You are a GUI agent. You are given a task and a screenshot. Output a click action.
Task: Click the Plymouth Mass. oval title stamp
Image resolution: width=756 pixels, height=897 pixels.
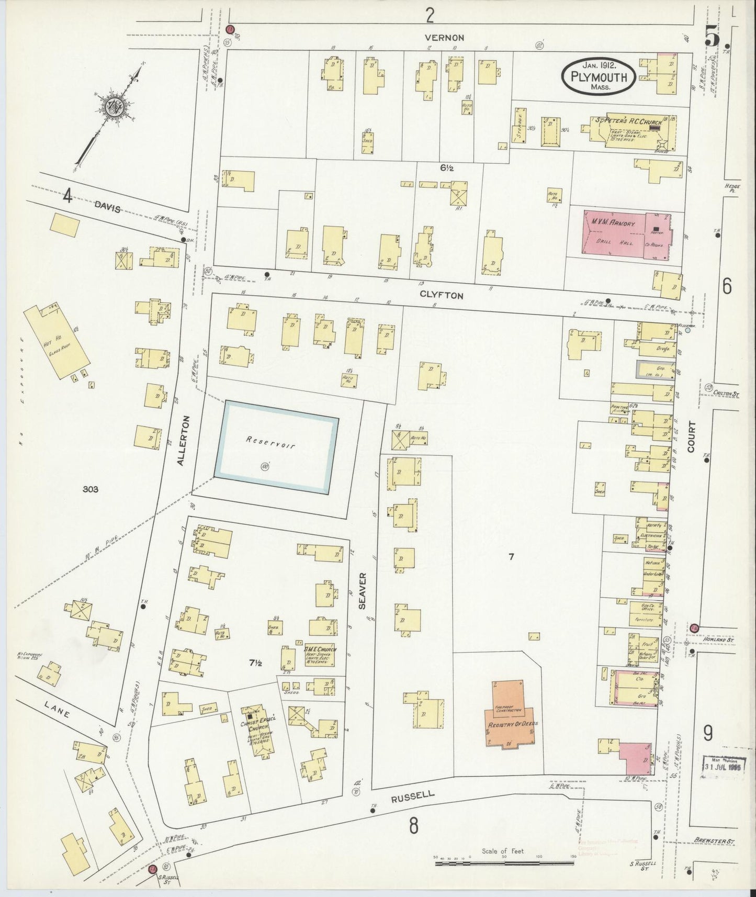[x=600, y=76]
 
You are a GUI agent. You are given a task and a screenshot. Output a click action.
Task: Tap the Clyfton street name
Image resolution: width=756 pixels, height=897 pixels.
[x=442, y=295]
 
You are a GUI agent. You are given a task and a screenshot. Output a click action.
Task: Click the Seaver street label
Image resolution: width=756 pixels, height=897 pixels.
[x=363, y=590]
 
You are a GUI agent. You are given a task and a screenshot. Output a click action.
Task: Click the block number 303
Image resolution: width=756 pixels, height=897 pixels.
[x=91, y=489]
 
